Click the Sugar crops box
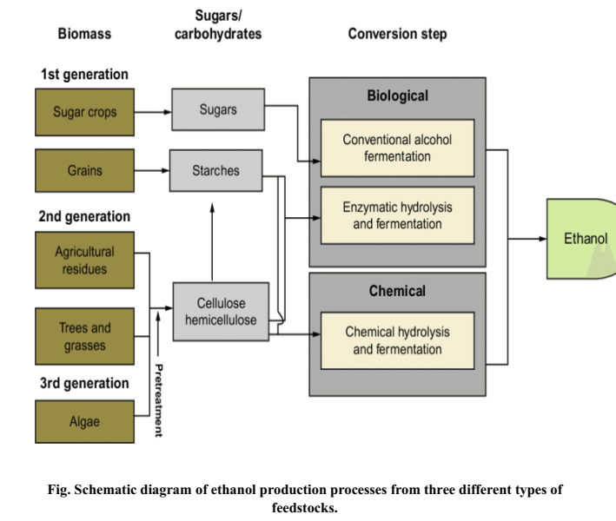pyautogui.click(x=84, y=113)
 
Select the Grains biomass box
pyautogui.click(x=84, y=170)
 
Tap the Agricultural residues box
pyautogui.click(x=84, y=260)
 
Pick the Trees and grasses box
pyautogui.click(x=84, y=336)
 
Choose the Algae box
pyautogui.click(x=84, y=422)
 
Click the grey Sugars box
pyautogui.click(x=217, y=110)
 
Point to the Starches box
pyautogui.click(x=215, y=170)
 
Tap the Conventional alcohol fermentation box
pyautogui.click(x=397, y=148)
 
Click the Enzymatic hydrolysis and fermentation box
pyautogui.click(x=397, y=215)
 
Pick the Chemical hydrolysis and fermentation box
pyautogui.click(x=397, y=340)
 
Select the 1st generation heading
pyautogui.click(x=84, y=75)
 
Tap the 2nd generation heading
pyautogui.click(x=84, y=216)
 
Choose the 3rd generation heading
pyautogui.click(x=83, y=383)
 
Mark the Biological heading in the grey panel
pyautogui.click(x=397, y=96)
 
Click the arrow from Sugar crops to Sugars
pyautogui.click(x=153, y=112)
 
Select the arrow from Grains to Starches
pyautogui.click(x=152, y=170)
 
